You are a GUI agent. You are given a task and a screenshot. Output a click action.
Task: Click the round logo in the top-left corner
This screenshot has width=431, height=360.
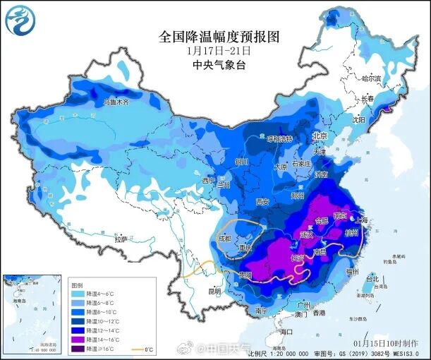[x=21, y=21]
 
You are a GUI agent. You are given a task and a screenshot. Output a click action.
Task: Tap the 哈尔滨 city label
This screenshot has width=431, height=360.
[x=370, y=78]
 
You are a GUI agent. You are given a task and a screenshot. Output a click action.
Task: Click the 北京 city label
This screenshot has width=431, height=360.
[x=320, y=136]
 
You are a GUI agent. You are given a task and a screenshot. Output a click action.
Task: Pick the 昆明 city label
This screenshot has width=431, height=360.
[x=213, y=290]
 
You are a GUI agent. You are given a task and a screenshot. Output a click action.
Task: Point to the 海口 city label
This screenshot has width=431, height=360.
[x=285, y=332]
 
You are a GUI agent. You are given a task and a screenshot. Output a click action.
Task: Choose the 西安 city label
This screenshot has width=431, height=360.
[x=263, y=201]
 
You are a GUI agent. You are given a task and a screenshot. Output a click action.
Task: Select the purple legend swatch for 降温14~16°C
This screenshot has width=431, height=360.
[x=77, y=339]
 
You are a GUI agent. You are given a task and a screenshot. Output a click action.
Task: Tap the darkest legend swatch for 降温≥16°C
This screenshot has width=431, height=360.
[x=77, y=349]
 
